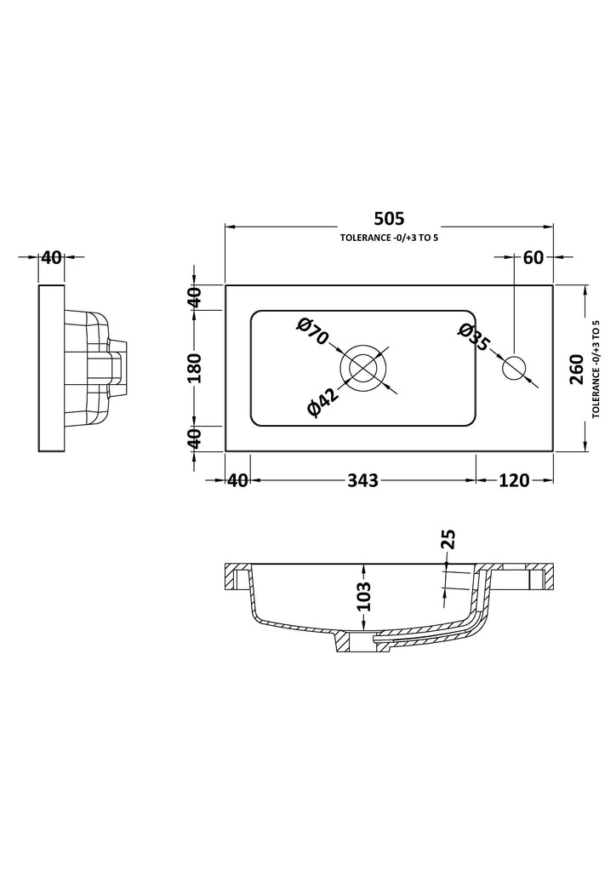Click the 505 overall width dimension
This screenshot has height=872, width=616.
tap(389, 218)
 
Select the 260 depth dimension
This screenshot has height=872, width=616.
tap(576, 370)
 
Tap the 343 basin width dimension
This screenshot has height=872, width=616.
tap(362, 480)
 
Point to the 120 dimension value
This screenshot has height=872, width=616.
tap(514, 480)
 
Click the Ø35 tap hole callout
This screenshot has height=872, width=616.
tap(473, 338)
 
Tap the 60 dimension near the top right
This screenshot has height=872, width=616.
tap(533, 257)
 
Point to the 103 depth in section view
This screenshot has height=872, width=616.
tap(363, 596)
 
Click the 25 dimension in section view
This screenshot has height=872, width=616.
tap(448, 539)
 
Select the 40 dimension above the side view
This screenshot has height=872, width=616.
tap(51, 257)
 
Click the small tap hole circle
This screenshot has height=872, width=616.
tap(514, 368)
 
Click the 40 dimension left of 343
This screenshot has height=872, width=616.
tap(237, 480)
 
